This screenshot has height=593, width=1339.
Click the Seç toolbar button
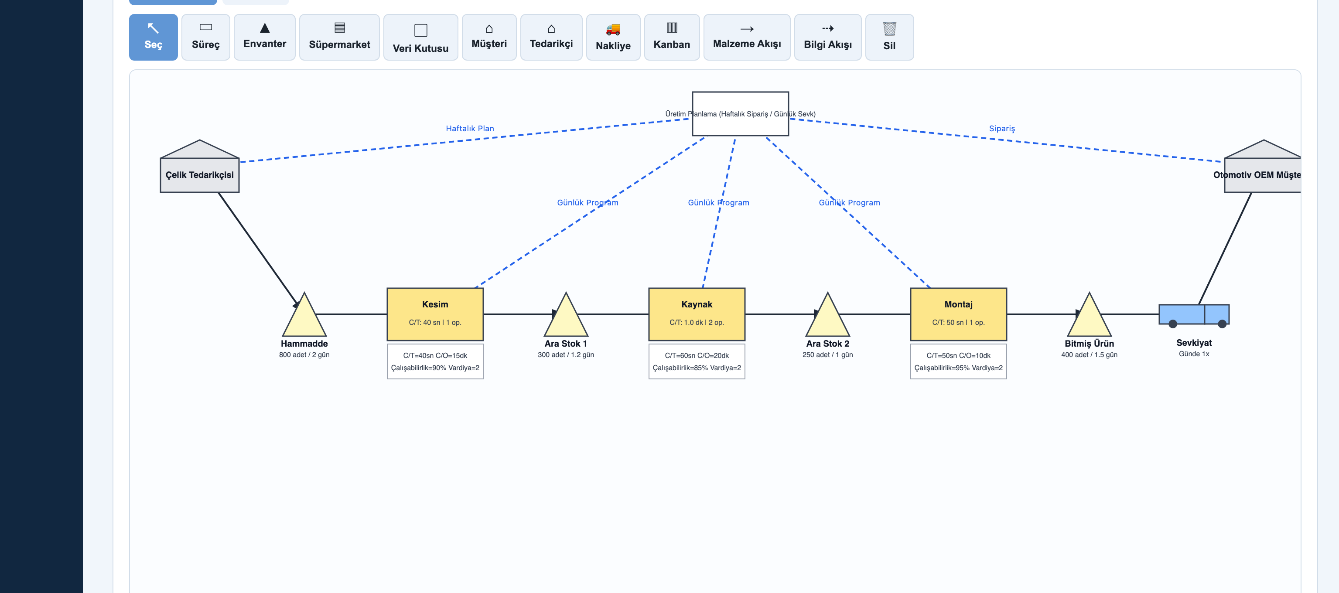tap(154, 37)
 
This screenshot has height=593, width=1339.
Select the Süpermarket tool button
tap(339, 37)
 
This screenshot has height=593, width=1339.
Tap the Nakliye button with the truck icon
tap(613, 37)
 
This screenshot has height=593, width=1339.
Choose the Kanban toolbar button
tap(672, 37)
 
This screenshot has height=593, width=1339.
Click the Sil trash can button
tap(889, 37)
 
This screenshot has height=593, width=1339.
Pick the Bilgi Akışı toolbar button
tap(827, 37)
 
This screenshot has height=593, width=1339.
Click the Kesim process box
tap(435, 314)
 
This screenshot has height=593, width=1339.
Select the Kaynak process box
tap(697, 314)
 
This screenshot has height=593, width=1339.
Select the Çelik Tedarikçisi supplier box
tap(200, 166)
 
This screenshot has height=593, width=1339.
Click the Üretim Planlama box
tap(740, 114)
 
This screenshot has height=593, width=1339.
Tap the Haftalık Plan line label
tap(470, 128)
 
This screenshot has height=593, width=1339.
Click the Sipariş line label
tap(1002, 128)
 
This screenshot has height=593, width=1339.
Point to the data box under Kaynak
tap(697, 361)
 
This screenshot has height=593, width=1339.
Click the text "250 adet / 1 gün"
tap(827, 354)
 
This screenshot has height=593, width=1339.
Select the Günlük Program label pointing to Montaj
tap(849, 203)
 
